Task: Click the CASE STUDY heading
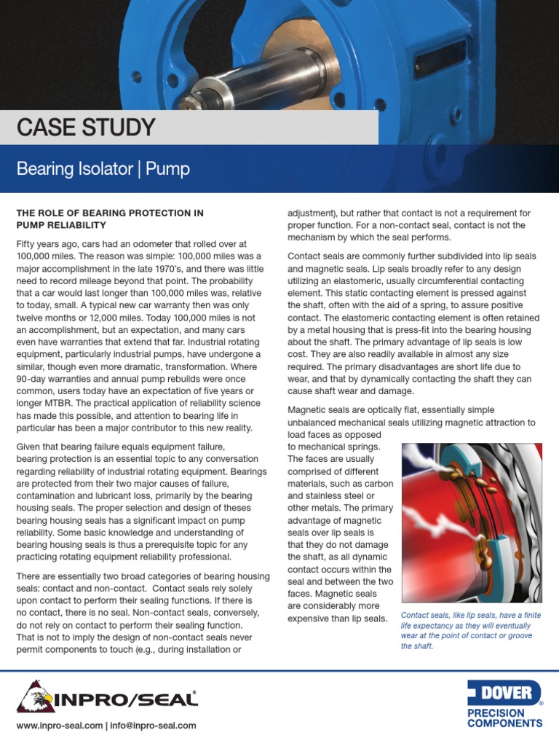click(x=86, y=127)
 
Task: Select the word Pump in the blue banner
click(x=167, y=170)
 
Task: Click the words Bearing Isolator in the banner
click(x=74, y=170)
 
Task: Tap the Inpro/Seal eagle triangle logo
click(x=33, y=697)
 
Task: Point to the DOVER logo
click(x=503, y=693)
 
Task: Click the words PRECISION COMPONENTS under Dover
click(x=504, y=718)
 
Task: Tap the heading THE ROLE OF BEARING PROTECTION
click(x=109, y=213)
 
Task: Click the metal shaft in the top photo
click(x=234, y=79)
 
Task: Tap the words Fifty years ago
click(x=49, y=246)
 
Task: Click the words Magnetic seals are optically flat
click(x=362, y=410)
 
